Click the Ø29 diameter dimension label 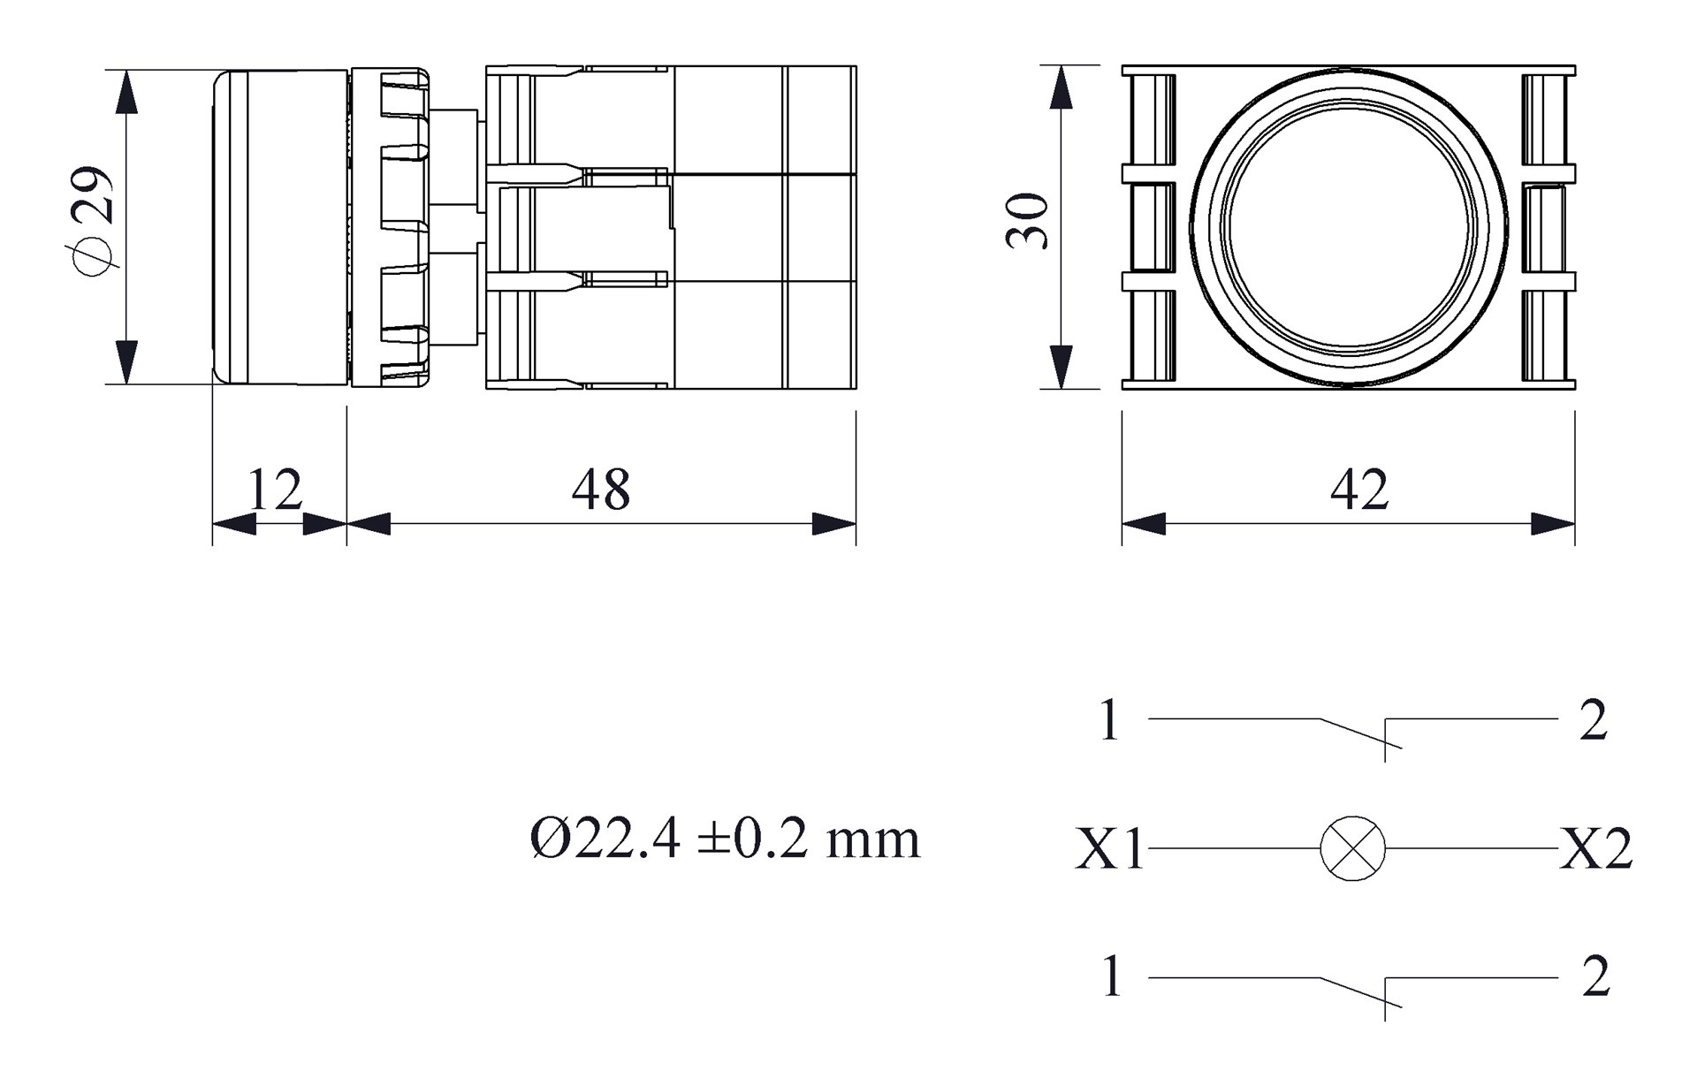pyautogui.click(x=94, y=221)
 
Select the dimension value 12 pyautogui.click(x=275, y=490)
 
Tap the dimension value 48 pyautogui.click(x=601, y=490)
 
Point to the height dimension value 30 pyautogui.click(x=1028, y=221)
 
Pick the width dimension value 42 pyautogui.click(x=1359, y=490)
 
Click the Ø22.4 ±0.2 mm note pyautogui.click(x=725, y=839)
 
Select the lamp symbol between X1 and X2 pyautogui.click(x=1352, y=848)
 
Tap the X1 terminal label pyautogui.click(x=1110, y=849)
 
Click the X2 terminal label pyautogui.click(x=1595, y=849)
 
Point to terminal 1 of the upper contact pyautogui.click(x=1110, y=720)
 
